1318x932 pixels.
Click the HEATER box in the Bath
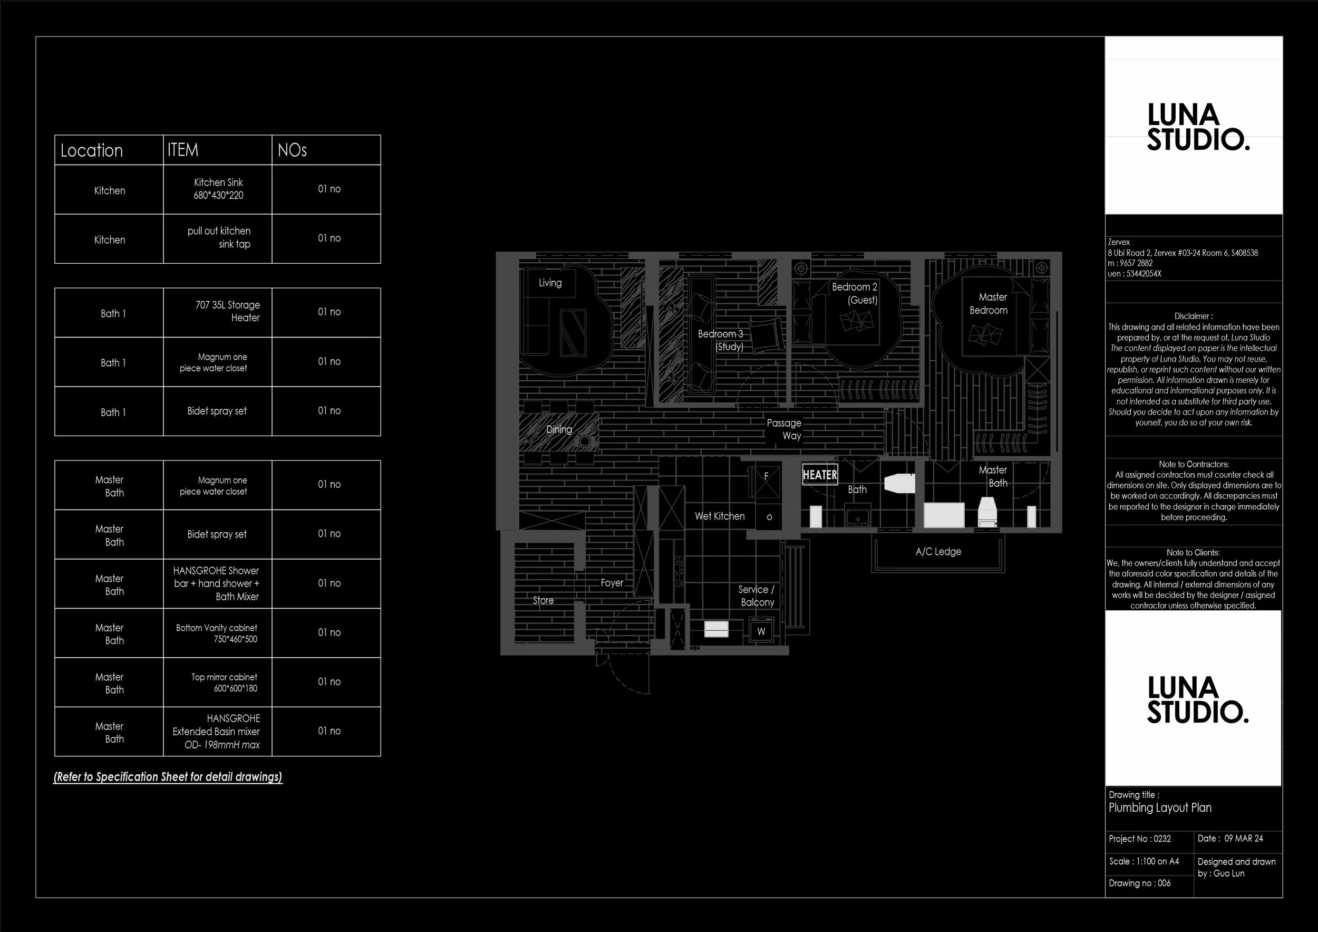(x=819, y=475)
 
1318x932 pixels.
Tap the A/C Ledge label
(x=938, y=552)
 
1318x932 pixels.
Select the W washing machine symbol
(x=761, y=632)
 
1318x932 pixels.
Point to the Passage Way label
(x=784, y=429)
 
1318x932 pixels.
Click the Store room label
(x=543, y=601)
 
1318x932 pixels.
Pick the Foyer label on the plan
(x=612, y=583)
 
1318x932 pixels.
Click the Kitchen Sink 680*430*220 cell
(x=218, y=189)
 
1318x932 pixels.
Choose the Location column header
(x=92, y=150)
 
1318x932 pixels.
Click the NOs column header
(x=292, y=150)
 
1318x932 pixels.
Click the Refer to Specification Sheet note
(x=168, y=777)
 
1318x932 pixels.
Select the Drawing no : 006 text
(x=1139, y=883)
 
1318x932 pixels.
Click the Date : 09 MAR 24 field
(x=1230, y=839)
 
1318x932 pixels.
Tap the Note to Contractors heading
(x=1194, y=464)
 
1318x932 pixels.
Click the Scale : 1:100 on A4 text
(x=1143, y=861)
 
